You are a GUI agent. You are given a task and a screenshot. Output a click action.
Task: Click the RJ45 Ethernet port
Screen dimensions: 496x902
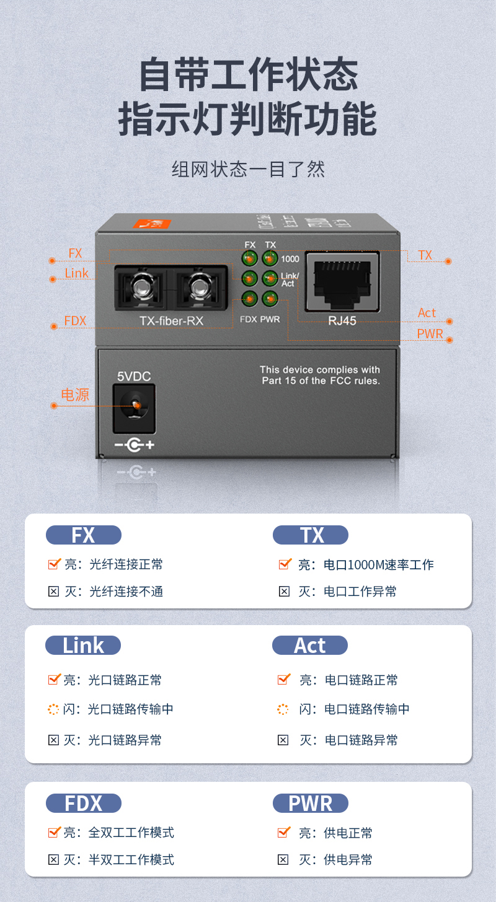342,281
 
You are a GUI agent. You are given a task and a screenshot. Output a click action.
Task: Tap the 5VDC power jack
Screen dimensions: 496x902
134,408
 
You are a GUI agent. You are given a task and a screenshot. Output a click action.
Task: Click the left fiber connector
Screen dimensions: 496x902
141,287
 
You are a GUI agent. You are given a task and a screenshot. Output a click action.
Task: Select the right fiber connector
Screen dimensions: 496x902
200,287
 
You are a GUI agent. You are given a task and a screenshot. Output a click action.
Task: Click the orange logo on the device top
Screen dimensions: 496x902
152,224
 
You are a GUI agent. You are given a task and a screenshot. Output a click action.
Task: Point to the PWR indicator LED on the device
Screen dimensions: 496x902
270,299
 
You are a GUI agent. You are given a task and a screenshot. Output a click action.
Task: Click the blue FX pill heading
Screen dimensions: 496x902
84,535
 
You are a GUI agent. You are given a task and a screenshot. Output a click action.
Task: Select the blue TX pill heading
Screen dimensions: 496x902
311,535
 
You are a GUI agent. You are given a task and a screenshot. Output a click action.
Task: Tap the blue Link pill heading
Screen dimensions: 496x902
83,646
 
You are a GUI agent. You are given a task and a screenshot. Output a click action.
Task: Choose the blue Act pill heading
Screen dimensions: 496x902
310,646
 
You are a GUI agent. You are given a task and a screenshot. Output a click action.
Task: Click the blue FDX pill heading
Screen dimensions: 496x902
84,803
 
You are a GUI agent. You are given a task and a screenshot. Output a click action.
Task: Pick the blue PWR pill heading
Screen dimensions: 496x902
311,803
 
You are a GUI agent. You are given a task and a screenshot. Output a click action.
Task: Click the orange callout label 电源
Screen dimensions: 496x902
75,395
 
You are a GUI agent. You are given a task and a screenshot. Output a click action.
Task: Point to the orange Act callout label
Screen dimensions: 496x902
427,313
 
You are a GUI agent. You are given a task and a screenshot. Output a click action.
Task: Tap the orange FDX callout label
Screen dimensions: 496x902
76,321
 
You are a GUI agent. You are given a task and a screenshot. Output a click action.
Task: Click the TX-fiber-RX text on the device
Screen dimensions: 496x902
171,321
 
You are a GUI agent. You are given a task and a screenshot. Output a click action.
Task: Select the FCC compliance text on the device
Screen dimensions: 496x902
321,375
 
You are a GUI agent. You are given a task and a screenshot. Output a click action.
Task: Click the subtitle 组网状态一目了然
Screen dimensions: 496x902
248,169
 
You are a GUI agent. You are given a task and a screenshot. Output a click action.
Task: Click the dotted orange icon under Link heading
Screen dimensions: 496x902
53,709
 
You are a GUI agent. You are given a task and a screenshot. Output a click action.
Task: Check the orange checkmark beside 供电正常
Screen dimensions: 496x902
284,832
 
